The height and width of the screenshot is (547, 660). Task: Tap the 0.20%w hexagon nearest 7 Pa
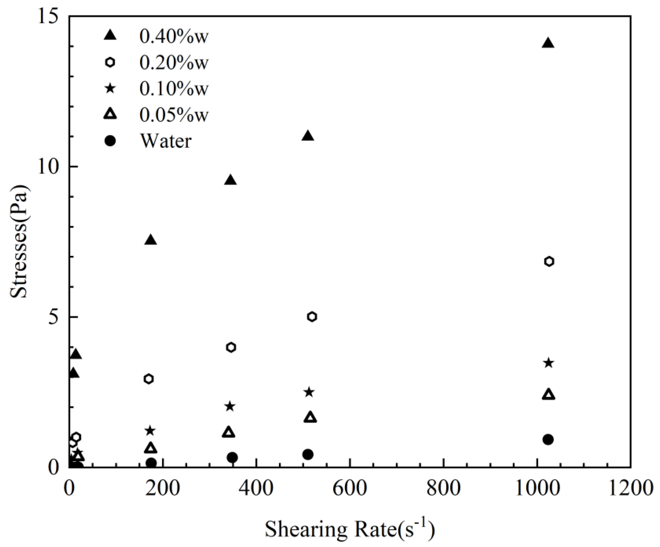549,261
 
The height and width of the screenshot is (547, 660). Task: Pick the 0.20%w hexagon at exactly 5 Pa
312,317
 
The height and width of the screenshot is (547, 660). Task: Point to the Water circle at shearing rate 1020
548,440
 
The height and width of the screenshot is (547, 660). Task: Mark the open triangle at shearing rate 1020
548,394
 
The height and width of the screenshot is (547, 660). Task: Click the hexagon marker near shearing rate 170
149,379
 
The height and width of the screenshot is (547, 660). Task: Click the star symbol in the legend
110,89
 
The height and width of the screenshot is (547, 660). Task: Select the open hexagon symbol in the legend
110,62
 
